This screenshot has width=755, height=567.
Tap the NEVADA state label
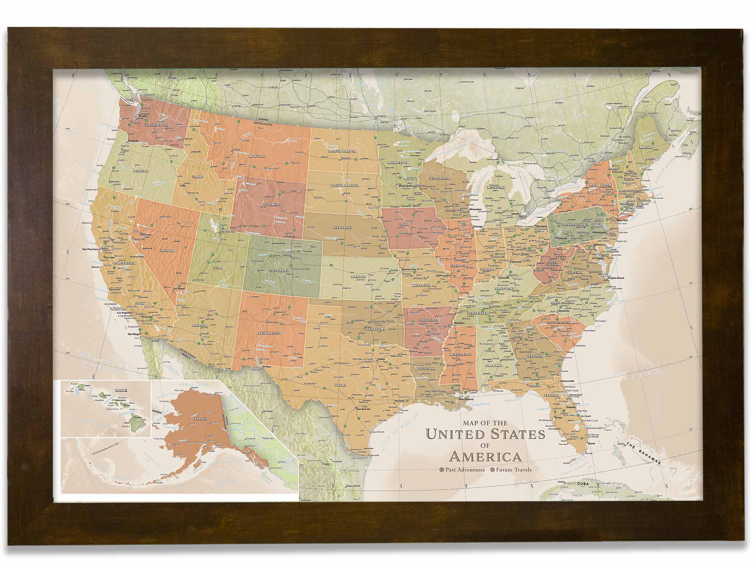pyautogui.click(x=167, y=251)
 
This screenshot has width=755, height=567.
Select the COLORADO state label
pyautogui.click(x=279, y=271)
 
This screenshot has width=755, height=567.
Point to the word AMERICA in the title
pyautogui.click(x=485, y=457)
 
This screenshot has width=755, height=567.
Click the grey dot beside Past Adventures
pyautogui.click(x=441, y=470)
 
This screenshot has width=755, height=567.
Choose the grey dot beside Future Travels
pyautogui.click(x=492, y=470)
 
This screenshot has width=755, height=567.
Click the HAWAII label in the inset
pyautogui.click(x=121, y=390)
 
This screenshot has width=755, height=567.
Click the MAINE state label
pyautogui.click(x=644, y=147)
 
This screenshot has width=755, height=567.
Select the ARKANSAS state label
pyautogui.click(x=428, y=320)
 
